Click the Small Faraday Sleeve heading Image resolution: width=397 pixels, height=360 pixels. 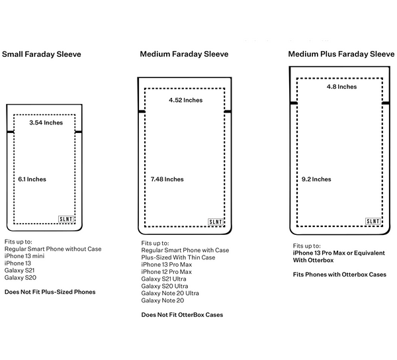42,54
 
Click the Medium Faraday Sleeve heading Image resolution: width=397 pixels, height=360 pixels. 184,54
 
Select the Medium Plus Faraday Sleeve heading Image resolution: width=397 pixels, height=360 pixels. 340,54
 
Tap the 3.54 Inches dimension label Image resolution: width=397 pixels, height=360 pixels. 46,123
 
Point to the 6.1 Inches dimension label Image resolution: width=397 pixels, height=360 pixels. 32,179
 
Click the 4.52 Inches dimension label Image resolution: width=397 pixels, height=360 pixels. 186,101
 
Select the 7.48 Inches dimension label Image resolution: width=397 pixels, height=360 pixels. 167,179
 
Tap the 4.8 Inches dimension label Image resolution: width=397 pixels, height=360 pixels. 341,87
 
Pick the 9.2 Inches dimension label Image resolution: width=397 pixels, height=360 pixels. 316,179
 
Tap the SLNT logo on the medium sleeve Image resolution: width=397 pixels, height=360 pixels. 216,222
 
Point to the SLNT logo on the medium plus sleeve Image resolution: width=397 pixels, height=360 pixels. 373,221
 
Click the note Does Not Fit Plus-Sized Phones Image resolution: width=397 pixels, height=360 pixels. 50,292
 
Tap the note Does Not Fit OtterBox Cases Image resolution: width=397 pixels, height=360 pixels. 182,315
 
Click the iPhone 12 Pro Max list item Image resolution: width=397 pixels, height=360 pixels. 167,271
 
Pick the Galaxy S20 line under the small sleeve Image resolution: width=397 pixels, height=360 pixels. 21,278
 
